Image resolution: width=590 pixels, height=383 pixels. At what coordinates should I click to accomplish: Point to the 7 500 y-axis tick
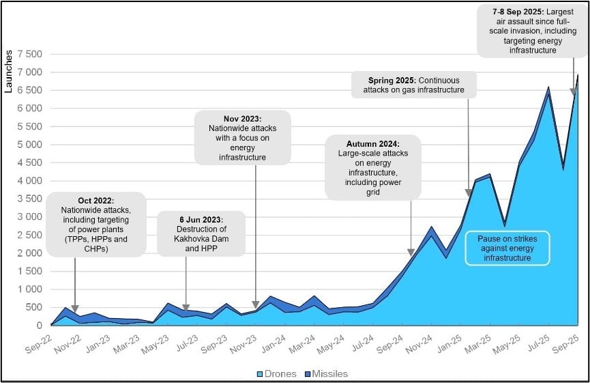(x=28, y=55)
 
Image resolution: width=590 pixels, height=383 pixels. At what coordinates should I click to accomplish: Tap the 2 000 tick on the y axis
(x=28, y=253)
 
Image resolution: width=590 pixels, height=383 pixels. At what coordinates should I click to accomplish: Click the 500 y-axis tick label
(x=33, y=307)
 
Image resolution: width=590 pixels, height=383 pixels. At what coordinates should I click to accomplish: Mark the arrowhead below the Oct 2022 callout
(x=75, y=309)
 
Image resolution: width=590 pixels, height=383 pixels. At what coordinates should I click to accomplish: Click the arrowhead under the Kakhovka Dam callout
(x=186, y=309)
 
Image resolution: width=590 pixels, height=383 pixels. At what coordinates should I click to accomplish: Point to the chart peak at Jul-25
(x=547, y=87)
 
